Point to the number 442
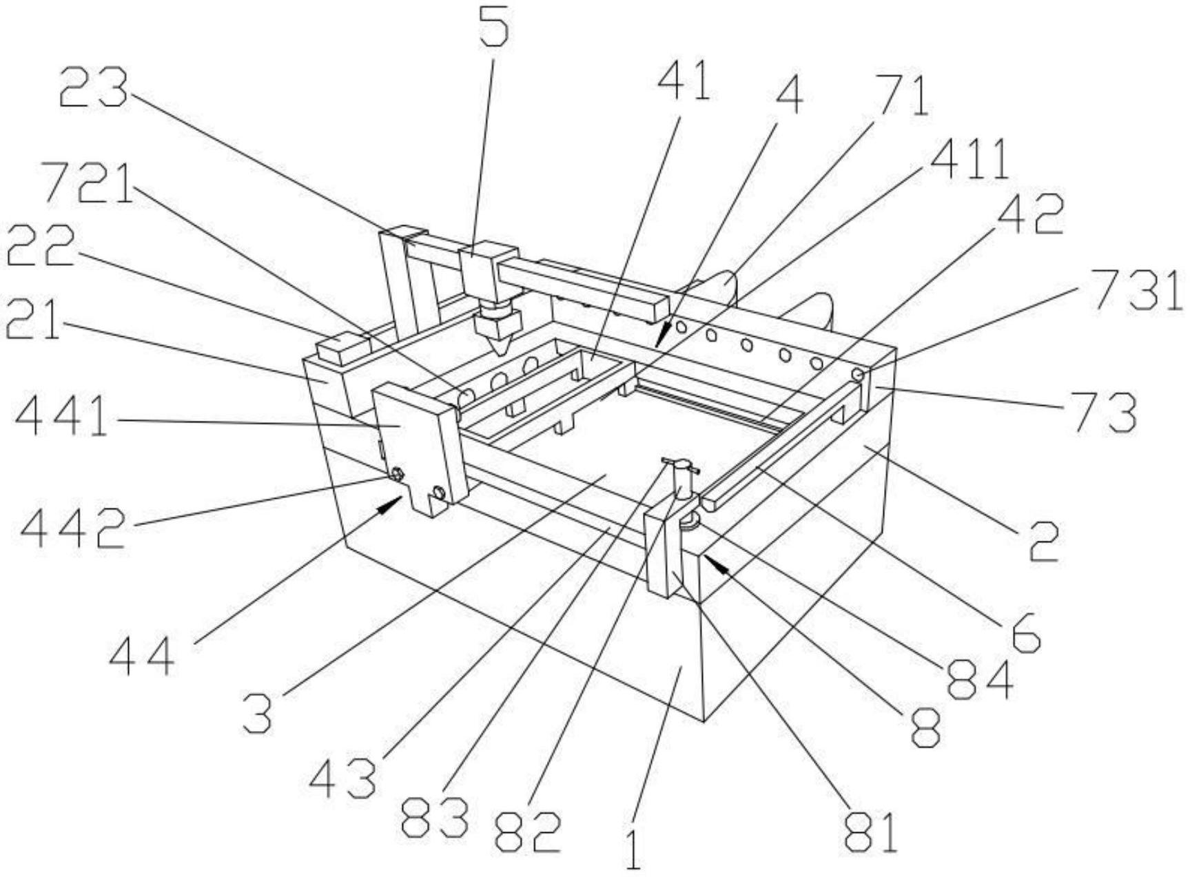[74, 528]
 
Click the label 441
[62, 417]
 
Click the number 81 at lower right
[871, 832]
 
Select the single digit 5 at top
[495, 24]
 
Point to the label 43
[343, 778]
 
